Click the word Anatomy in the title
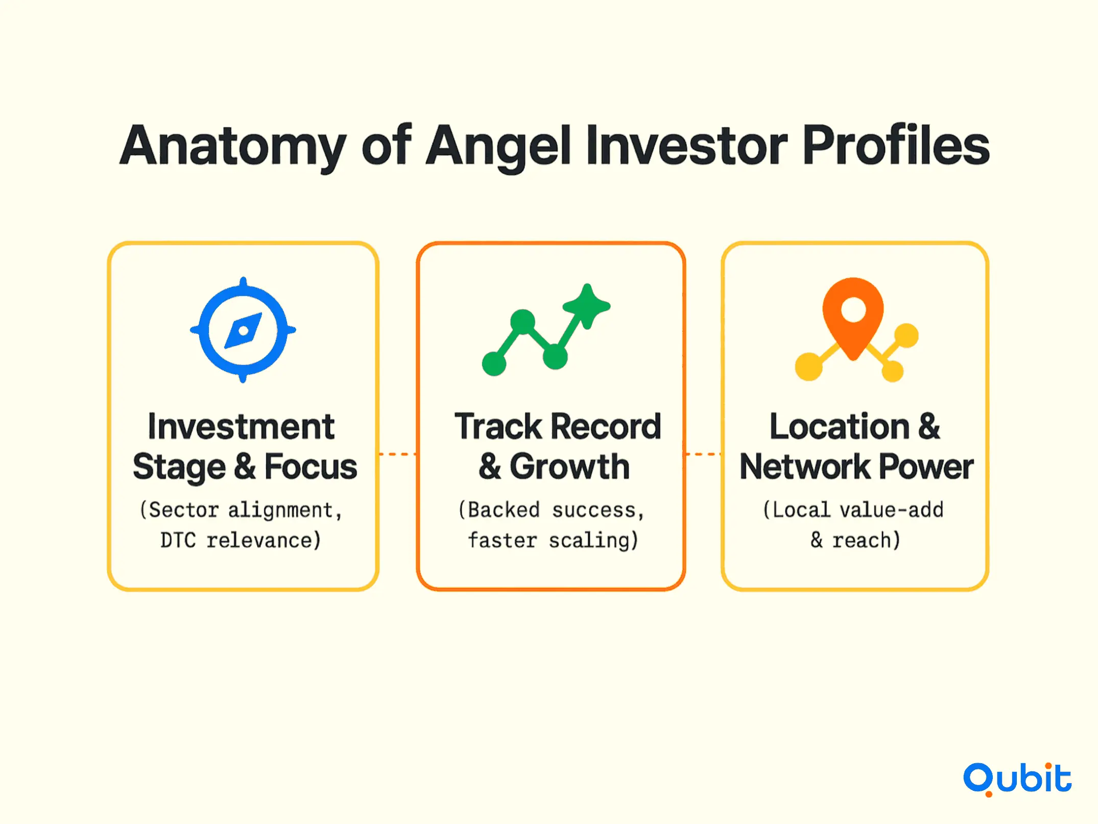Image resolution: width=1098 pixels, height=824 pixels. (x=233, y=146)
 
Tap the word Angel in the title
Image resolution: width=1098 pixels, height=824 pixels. (x=498, y=146)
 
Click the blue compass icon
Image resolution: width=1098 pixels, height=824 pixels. (x=243, y=330)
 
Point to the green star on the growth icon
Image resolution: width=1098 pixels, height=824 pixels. (x=587, y=306)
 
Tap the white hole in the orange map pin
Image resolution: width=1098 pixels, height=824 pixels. (x=853, y=310)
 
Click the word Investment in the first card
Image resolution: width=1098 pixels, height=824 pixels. (x=241, y=427)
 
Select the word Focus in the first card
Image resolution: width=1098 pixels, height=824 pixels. (x=311, y=467)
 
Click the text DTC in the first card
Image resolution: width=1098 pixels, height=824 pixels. (x=178, y=540)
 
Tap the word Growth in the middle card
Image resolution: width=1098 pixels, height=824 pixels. (x=569, y=467)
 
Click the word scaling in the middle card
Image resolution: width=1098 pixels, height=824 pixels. (x=594, y=541)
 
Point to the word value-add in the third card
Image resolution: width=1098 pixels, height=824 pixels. (x=892, y=510)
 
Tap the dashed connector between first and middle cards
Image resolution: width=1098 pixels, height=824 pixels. (x=397, y=454)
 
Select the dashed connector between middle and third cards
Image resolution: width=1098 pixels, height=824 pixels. (x=703, y=454)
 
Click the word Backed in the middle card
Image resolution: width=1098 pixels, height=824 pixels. (x=504, y=510)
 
